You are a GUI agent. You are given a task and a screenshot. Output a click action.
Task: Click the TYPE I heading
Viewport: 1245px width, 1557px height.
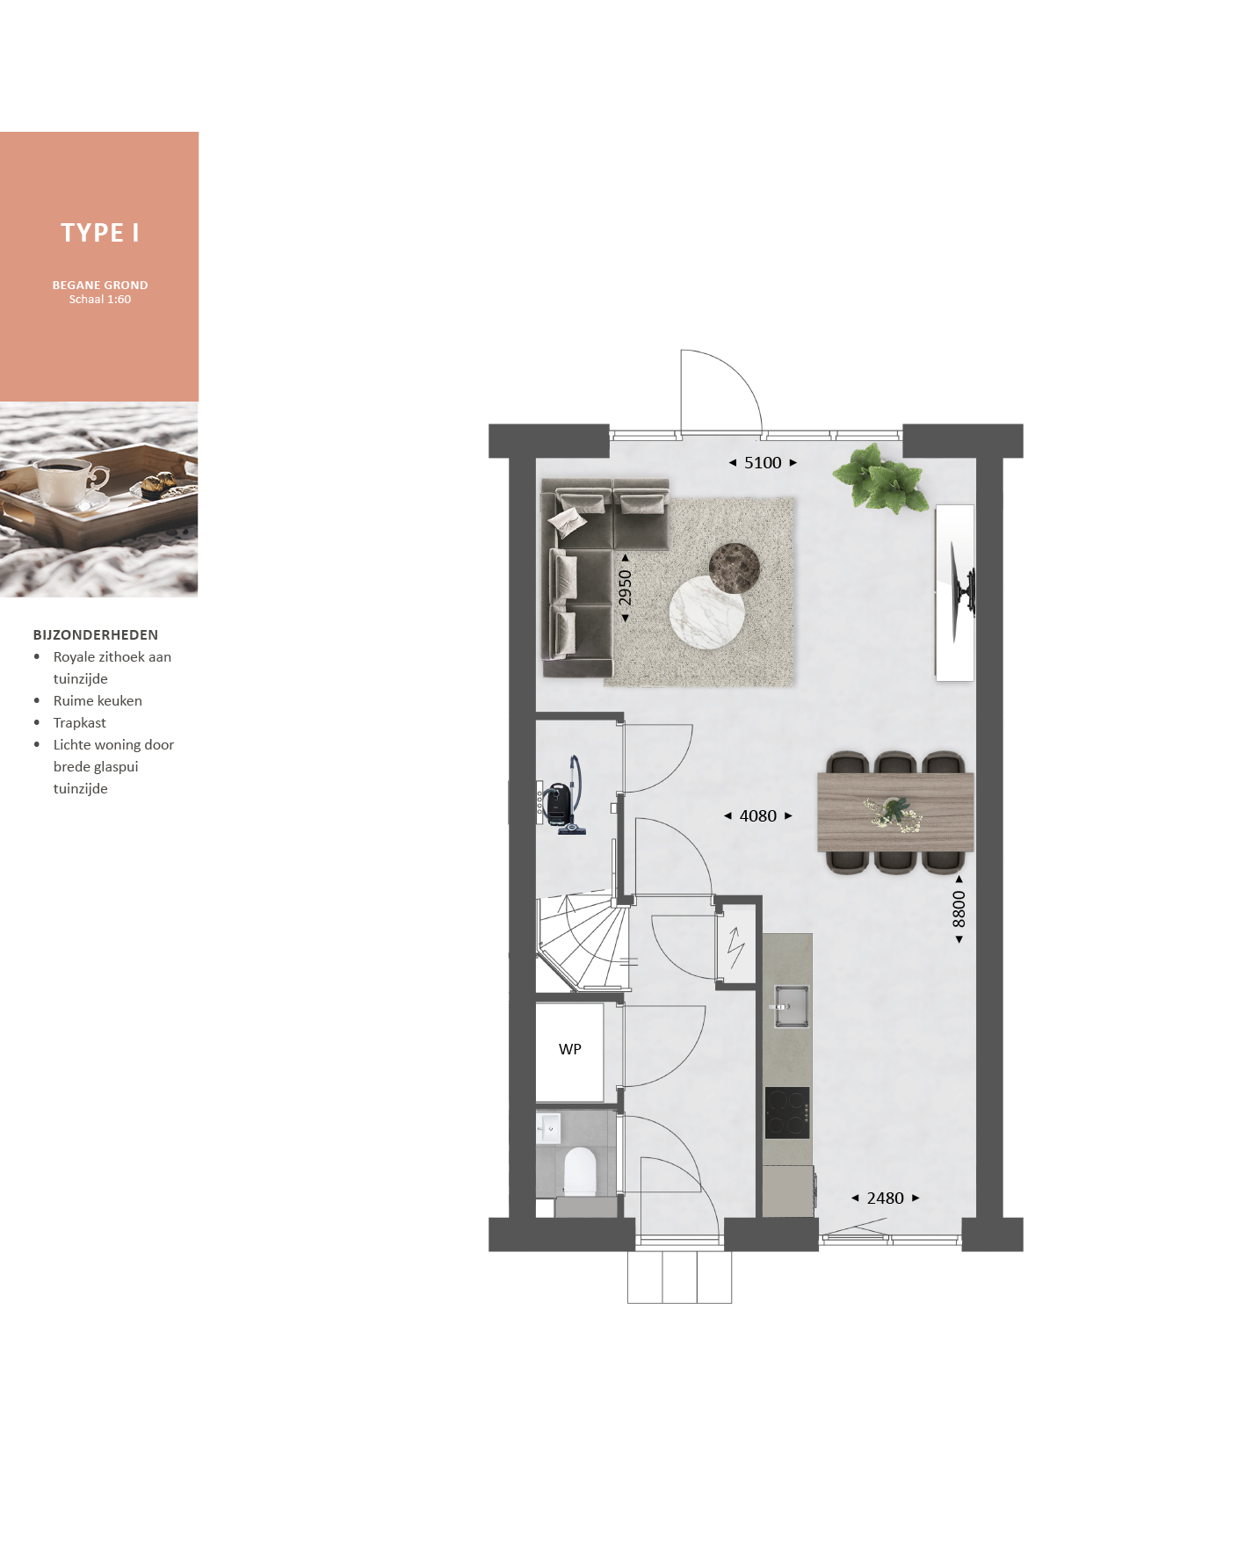click(99, 233)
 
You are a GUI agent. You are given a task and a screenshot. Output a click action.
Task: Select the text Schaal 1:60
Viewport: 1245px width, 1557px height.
click(100, 300)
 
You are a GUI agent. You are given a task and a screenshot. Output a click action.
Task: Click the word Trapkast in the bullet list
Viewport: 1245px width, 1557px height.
click(79, 722)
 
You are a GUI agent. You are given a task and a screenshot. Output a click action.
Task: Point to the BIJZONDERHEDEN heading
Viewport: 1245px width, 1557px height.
click(96, 634)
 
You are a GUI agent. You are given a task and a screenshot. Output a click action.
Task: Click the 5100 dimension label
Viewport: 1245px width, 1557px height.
click(763, 463)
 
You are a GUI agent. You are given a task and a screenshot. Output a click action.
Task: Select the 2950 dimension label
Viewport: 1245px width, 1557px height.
click(625, 588)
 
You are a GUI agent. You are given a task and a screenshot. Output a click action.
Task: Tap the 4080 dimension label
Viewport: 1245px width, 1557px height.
click(758, 816)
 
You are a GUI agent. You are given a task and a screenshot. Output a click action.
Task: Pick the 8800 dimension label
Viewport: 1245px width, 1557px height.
click(959, 909)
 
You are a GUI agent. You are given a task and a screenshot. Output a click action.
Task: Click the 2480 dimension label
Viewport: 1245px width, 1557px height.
click(885, 1199)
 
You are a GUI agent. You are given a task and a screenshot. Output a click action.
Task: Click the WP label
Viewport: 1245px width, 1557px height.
click(570, 1049)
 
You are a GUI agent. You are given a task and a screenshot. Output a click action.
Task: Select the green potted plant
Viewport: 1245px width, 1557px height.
click(880, 478)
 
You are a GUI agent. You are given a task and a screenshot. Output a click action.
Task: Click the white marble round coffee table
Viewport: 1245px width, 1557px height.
click(707, 612)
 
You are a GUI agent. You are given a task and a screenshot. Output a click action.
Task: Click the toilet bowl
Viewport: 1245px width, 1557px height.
click(580, 1171)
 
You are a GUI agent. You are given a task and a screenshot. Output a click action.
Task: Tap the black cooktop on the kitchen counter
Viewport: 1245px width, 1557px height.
click(787, 1112)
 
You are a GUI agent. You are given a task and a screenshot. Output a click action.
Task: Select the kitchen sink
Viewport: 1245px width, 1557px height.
click(791, 1005)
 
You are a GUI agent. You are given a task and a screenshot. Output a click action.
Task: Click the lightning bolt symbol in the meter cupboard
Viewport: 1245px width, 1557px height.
click(736, 946)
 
